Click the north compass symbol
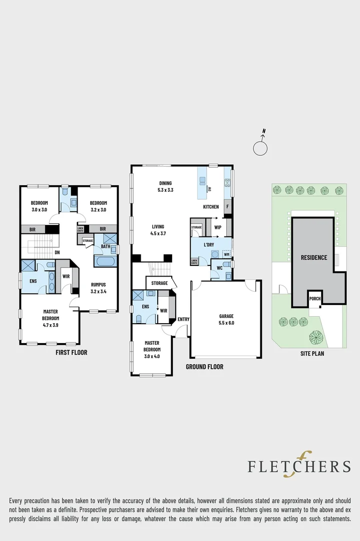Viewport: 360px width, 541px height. click(x=260, y=148)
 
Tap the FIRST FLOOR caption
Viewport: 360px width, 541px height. click(x=71, y=353)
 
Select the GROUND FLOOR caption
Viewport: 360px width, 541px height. click(x=204, y=367)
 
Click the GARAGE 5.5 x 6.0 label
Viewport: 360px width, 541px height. click(x=226, y=320)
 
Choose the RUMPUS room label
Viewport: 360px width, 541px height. click(x=98, y=288)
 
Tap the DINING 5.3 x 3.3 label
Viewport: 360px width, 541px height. click(x=165, y=186)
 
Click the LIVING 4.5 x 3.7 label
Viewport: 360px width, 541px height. click(x=158, y=229)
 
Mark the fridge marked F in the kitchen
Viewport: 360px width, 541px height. click(x=228, y=206)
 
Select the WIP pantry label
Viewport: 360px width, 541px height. click(x=218, y=227)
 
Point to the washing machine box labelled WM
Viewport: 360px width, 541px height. click(x=226, y=254)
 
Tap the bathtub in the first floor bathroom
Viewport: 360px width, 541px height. click(x=105, y=262)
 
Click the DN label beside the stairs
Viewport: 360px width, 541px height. click(x=58, y=252)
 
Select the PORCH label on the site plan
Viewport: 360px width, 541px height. click(x=315, y=299)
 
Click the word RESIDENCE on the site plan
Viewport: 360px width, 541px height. click(x=313, y=258)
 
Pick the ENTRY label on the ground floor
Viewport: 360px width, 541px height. click(x=183, y=320)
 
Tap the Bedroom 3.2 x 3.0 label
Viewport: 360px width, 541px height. click(x=98, y=206)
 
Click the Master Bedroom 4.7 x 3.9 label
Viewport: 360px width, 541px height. click(x=50, y=315)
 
